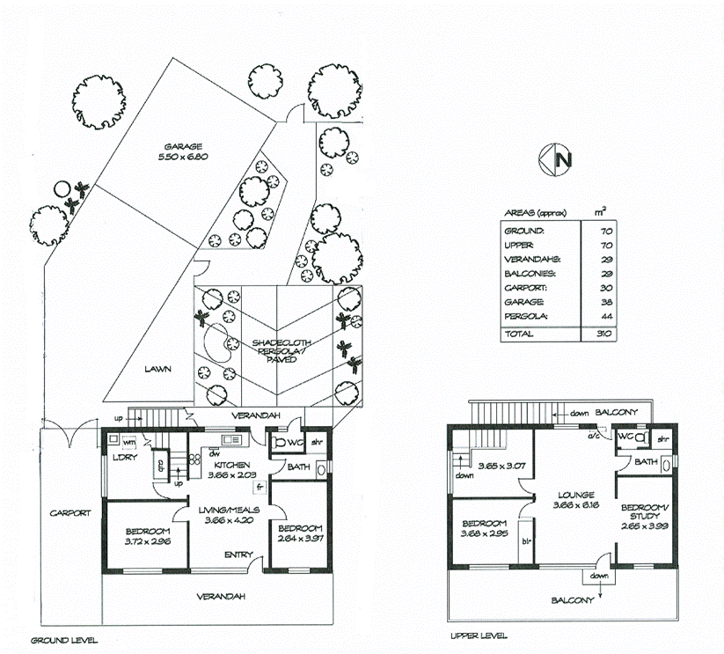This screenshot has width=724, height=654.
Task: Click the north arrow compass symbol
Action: pos(556,159)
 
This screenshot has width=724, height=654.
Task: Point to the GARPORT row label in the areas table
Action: pos(525,287)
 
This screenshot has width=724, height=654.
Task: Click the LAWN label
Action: pos(158,370)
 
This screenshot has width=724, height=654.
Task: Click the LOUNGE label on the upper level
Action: pos(574,495)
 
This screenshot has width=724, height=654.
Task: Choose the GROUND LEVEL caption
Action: pos(64,640)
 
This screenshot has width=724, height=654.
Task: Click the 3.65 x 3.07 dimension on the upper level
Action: pos(501,467)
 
